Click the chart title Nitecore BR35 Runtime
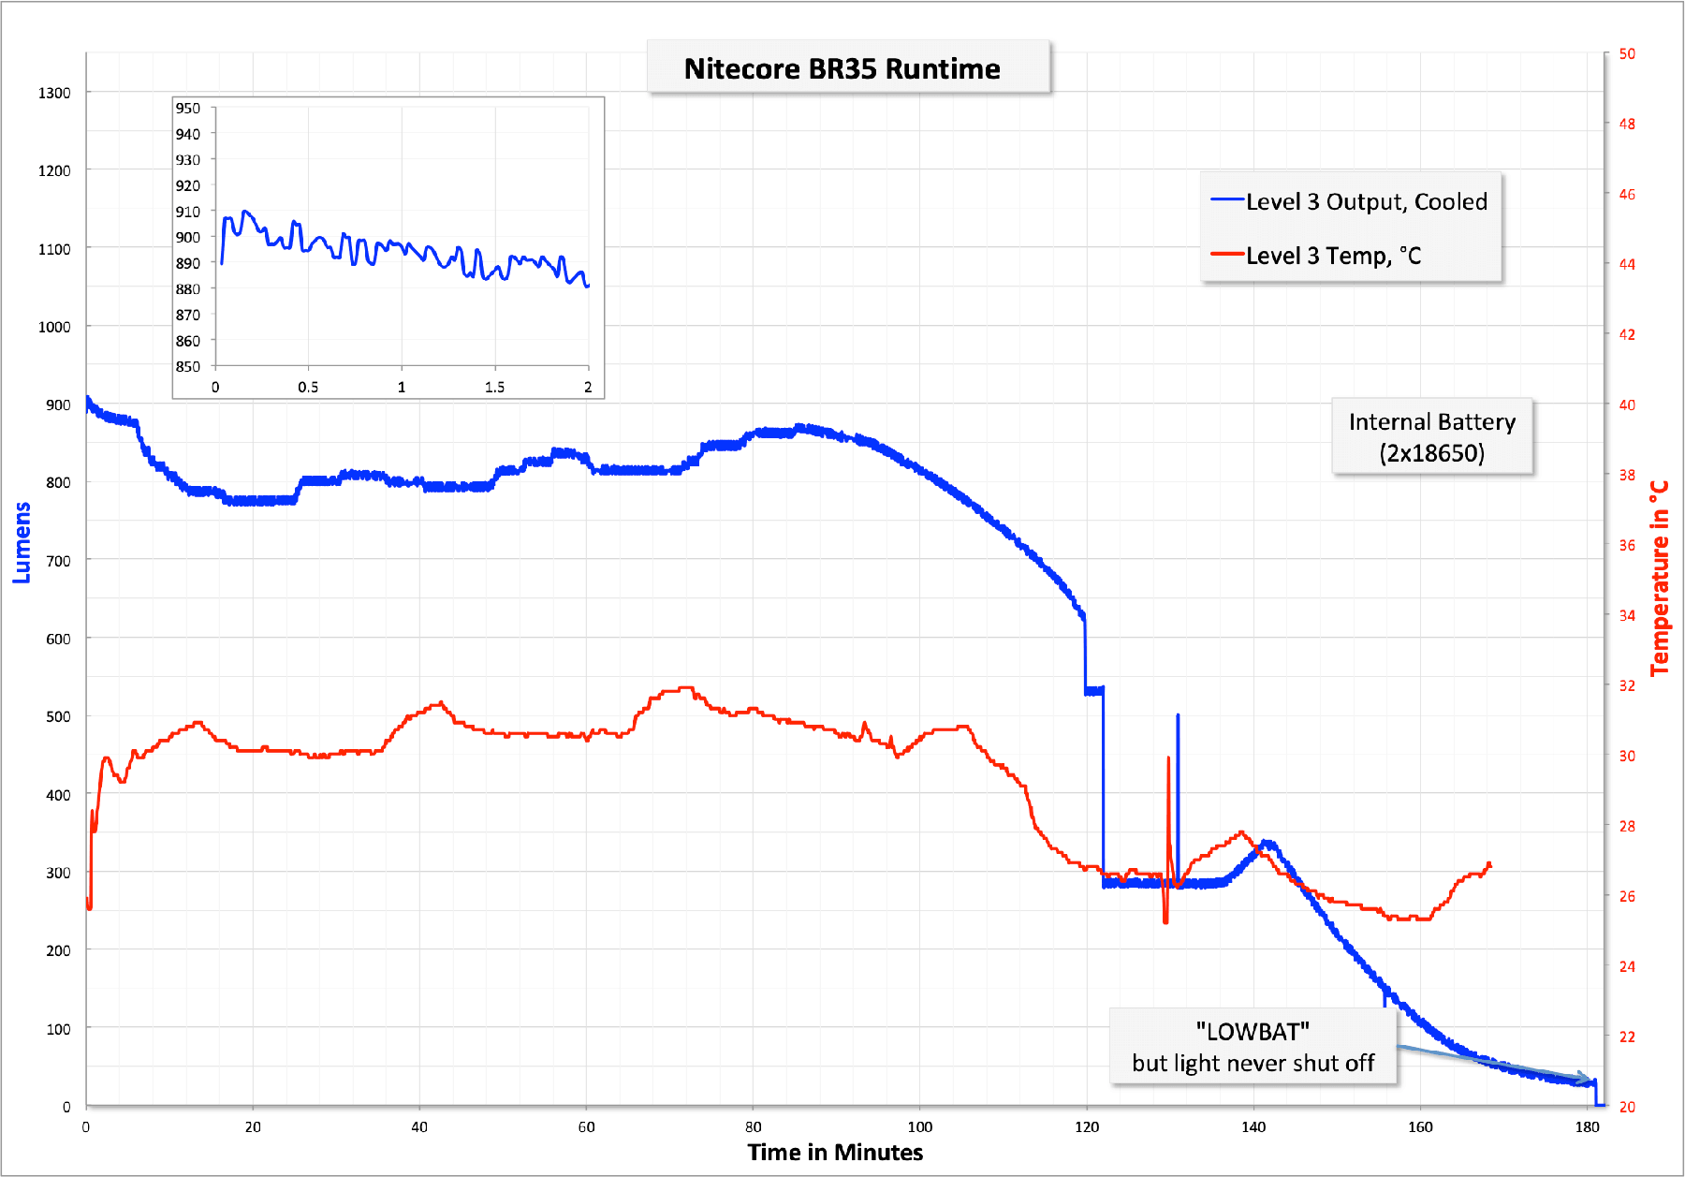[842, 68]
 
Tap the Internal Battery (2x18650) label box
[1431, 437]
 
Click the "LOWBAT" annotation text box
[1253, 1047]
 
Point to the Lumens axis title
[22, 542]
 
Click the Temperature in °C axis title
[1660, 578]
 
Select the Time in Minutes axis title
[835, 1152]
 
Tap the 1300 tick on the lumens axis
[54, 93]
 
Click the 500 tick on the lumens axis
[58, 716]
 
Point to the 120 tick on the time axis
[1087, 1126]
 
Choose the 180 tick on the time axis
[1587, 1126]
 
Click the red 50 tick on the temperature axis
[1627, 53]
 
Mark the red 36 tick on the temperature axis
[1627, 545]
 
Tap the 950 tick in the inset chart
[188, 108]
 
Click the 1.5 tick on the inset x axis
[494, 387]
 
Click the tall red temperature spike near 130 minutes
[1168, 777]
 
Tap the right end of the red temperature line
[1488, 865]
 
